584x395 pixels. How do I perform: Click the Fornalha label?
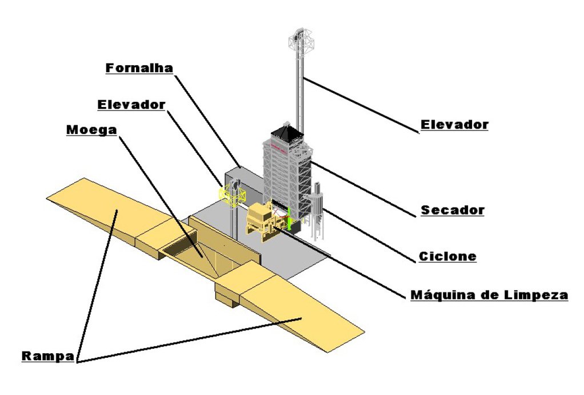(x=139, y=68)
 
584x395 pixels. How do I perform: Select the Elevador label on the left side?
(x=131, y=105)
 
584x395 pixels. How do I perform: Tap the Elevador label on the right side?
(x=454, y=124)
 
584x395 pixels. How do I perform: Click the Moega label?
(x=91, y=129)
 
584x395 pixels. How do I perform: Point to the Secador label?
(x=453, y=210)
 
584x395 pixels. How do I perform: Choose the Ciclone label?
(x=447, y=256)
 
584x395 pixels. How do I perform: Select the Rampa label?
(x=48, y=356)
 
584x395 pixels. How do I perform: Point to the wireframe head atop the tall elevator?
(x=301, y=41)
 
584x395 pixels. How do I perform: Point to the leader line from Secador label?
(x=366, y=189)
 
